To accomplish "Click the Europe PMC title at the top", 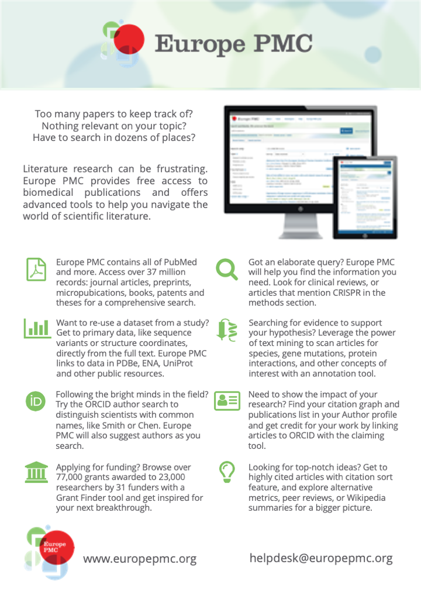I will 233,43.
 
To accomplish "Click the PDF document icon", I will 37,269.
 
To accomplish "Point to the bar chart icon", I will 37,328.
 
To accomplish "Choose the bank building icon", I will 37,472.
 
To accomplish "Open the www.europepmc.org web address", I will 139,559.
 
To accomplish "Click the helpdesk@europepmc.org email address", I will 321,558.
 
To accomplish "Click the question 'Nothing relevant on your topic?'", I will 114,125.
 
